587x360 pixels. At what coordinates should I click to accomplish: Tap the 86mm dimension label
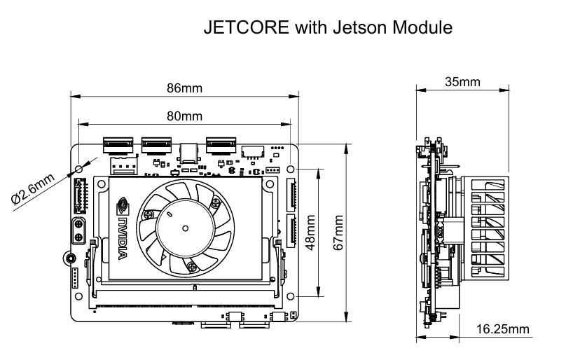pos(184,88)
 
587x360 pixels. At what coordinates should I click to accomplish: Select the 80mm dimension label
pos(184,116)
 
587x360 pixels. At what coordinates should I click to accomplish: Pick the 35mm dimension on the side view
pos(462,82)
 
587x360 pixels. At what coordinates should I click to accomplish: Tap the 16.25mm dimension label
pos(502,328)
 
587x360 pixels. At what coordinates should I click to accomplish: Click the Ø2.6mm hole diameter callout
pos(33,190)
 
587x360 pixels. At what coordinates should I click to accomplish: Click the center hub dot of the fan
pos(185,227)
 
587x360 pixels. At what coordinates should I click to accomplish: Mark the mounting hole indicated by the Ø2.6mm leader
pos(79,169)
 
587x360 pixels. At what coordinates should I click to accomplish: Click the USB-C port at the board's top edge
pos(188,152)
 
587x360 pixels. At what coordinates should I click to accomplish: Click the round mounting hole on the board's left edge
pos(68,258)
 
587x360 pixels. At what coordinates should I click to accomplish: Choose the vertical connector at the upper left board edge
pos(78,197)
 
